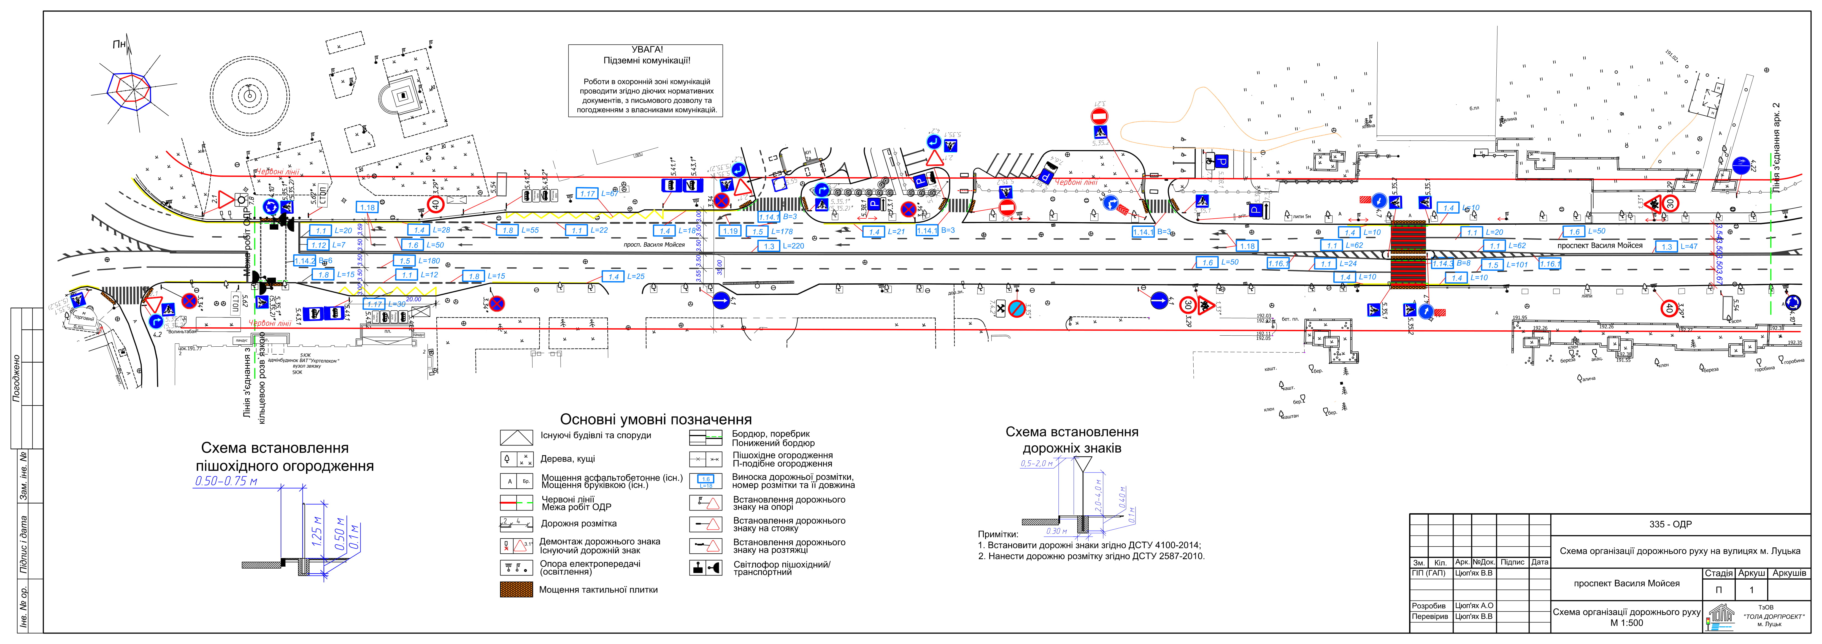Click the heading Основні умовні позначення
(x=656, y=419)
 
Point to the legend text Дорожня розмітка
(x=579, y=524)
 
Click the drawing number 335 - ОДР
(x=1670, y=525)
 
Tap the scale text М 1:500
(x=1627, y=623)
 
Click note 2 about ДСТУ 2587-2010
(x=1091, y=556)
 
